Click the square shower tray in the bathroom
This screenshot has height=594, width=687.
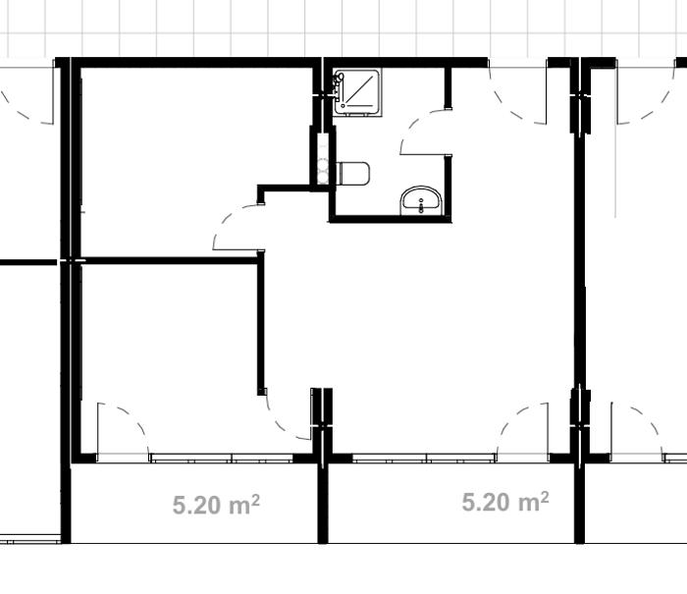[356, 92]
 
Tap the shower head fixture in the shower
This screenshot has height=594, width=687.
[339, 81]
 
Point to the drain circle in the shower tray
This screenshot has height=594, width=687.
[343, 106]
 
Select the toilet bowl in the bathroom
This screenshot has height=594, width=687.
[354, 174]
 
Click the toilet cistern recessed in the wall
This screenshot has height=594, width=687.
[323, 159]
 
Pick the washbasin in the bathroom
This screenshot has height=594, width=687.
[421, 200]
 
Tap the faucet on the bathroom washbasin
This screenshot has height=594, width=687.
[421, 205]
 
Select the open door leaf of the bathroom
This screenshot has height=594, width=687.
[426, 154]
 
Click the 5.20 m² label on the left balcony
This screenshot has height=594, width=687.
[216, 504]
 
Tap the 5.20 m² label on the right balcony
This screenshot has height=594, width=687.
[505, 502]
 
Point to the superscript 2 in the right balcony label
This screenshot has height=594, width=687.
[544, 496]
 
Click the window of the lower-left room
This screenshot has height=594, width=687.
[221, 459]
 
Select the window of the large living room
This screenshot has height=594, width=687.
[424, 459]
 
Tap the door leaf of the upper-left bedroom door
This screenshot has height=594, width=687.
[235, 250]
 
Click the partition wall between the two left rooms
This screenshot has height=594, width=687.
[169, 261]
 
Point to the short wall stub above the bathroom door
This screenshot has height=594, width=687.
[448, 87]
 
